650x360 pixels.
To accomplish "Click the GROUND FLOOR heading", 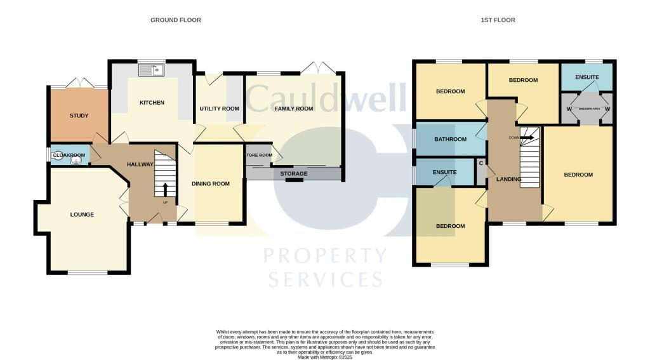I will point(175,20).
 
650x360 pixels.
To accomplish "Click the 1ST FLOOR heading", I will point(498,20).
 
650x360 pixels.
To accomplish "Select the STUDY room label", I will point(79,116).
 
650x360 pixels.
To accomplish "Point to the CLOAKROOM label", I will point(69,154).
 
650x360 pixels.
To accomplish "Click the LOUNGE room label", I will point(82,215).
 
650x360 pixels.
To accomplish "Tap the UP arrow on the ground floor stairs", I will point(166,190).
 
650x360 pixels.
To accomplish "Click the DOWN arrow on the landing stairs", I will point(526,137).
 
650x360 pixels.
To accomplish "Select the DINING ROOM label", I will point(211,184).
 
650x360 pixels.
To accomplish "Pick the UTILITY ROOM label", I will point(219,109).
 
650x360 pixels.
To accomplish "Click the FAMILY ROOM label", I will point(294,109).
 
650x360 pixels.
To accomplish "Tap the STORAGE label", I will point(294,173).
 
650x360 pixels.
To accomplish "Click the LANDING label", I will point(508,179).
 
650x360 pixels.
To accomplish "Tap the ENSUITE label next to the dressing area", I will point(587,77).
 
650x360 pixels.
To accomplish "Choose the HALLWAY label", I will point(140,164).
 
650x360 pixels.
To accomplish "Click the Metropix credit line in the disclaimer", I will point(324,356).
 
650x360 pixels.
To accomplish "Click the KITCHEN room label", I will point(152,103).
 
